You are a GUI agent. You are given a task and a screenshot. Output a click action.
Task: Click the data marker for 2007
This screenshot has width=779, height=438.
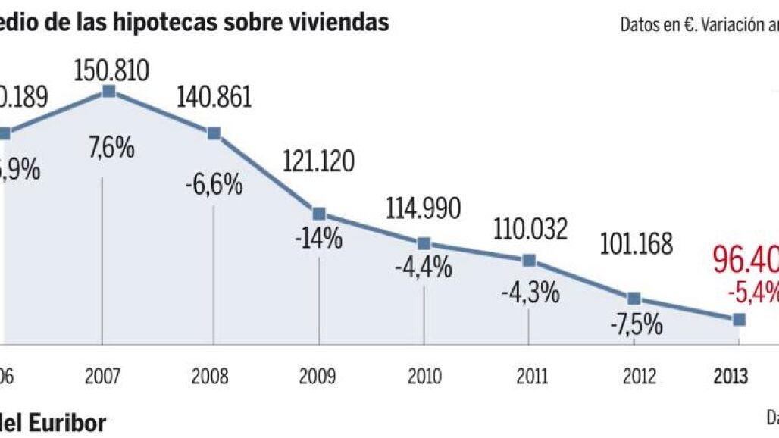tap(109, 91)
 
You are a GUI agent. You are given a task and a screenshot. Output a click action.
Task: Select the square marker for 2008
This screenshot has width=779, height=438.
tap(214, 133)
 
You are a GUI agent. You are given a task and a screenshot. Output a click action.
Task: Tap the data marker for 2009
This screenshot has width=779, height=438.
tap(319, 214)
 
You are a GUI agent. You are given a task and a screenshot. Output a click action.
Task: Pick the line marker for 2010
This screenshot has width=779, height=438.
tap(424, 243)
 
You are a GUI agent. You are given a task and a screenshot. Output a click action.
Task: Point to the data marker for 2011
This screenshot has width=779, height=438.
tap(529, 261)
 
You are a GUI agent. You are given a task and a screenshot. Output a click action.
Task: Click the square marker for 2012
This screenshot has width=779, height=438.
tap(634, 299)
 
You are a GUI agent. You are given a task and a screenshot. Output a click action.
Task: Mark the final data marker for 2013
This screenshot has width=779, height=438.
tap(740, 320)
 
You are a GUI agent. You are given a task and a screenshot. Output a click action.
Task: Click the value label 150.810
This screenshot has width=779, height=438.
tap(111, 69)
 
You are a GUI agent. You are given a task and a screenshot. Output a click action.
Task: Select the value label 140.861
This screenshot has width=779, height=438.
tap(214, 98)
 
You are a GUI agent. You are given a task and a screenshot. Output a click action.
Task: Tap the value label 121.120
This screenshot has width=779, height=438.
tap(319, 161)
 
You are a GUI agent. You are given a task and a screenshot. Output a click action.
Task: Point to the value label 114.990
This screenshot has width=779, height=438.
tap(424, 207)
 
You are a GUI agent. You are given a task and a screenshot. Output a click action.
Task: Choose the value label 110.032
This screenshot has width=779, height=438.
tap(530, 228)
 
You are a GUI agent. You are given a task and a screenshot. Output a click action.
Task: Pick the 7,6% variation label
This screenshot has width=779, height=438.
tap(112, 148)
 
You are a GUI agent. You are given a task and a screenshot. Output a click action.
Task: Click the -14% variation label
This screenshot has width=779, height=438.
tap(319, 239)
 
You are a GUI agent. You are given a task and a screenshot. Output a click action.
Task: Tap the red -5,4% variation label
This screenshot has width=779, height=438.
tap(754, 291)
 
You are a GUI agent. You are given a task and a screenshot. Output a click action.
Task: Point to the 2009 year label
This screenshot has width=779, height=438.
tap(319, 377)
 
